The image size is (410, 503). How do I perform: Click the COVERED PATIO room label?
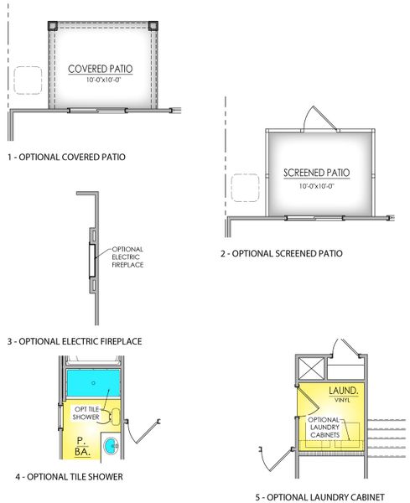(103, 68)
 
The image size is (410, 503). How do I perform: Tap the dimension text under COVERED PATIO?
(103, 80)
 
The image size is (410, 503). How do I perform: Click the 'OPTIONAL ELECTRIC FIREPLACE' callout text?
(127, 257)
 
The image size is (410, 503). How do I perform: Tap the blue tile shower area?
(92, 385)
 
